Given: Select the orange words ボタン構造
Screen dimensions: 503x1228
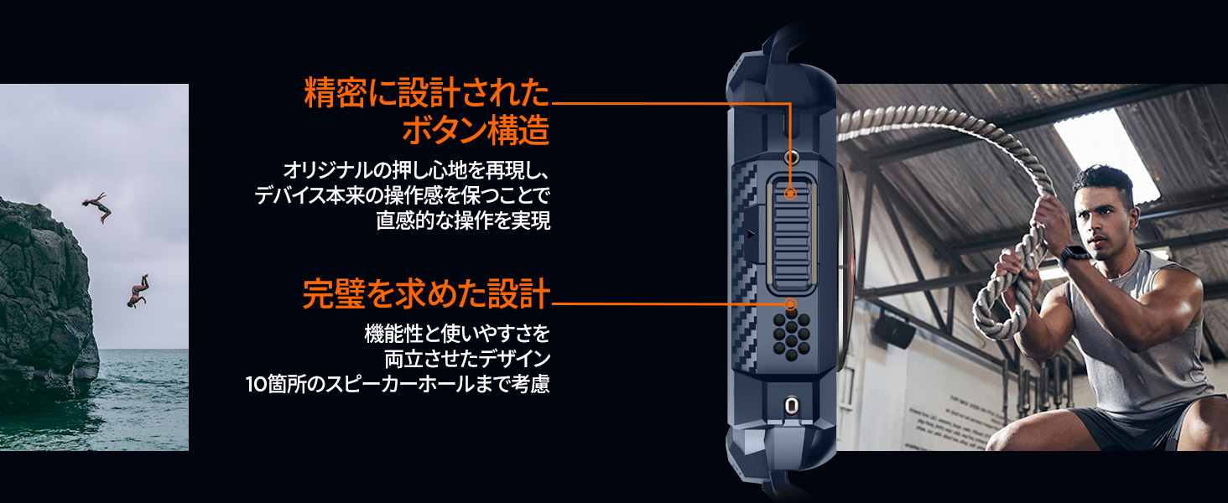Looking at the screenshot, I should [476, 132].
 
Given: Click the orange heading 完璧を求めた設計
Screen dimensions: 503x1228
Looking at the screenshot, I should [425, 294].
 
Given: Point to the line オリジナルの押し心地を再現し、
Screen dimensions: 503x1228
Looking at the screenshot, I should [416, 172].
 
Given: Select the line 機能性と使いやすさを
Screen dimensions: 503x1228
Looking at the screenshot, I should [457, 334].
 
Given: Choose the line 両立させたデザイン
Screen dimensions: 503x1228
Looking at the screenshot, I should [467, 360].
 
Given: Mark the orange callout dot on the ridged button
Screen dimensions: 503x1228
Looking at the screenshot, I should [790, 194].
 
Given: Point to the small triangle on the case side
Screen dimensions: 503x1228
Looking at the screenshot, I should [750, 236].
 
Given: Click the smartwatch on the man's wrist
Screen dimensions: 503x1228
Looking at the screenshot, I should [1074, 255].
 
